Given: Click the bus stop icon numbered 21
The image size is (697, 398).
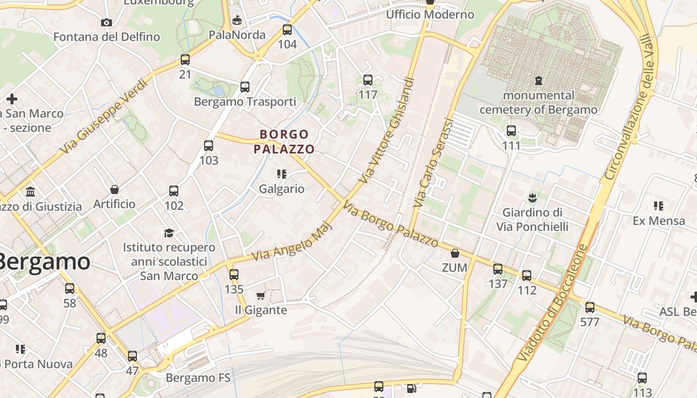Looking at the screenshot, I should click(185, 60).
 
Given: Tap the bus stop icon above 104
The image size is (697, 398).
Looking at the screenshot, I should click(287, 30).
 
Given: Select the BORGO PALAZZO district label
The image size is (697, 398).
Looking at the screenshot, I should click(284, 141).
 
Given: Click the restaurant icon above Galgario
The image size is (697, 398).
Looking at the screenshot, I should click(282, 174).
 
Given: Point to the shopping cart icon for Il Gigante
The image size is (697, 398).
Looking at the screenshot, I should click(260, 296).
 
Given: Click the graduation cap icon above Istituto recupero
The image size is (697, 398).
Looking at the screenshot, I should click(169, 233).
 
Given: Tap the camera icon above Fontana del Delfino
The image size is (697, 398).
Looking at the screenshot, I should click(106, 22).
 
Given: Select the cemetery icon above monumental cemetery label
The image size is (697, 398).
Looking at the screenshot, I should click(538, 80).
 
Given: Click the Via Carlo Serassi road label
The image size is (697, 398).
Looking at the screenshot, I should click(434, 163).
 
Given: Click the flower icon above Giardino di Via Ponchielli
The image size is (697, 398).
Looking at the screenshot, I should click(532, 198).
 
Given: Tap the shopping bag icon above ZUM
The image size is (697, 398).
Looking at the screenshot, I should click(455, 253).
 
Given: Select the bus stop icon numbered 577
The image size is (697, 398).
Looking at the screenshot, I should click(590, 307).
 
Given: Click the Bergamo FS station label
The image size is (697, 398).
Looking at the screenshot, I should click(198, 378).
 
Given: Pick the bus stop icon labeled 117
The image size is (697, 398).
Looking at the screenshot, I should click(368, 80).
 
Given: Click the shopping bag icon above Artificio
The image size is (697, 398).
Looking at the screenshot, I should click(115, 190).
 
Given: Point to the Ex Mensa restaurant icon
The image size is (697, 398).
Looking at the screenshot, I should click(659, 206).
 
